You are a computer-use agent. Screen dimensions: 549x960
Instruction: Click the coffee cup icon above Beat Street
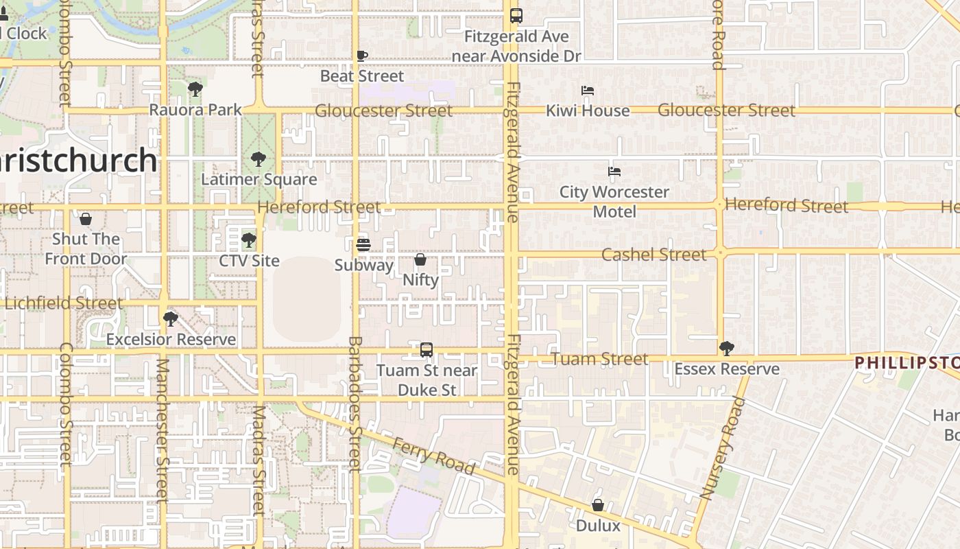coord(362,56)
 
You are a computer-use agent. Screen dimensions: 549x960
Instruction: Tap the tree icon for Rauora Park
coord(195,89)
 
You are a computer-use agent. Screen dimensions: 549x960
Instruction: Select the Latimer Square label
coord(259,180)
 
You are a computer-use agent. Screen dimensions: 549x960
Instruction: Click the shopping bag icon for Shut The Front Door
coord(86,219)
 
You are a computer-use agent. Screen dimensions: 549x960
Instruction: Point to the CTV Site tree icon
coord(249,240)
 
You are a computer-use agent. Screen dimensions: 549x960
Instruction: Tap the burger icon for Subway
coord(363,244)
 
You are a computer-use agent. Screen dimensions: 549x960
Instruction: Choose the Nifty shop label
coord(420,280)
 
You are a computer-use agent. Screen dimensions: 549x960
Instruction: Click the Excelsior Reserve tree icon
coord(170,319)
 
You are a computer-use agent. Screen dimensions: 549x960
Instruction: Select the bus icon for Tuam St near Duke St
coord(427,350)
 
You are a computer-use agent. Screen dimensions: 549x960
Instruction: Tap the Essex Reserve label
coord(727,369)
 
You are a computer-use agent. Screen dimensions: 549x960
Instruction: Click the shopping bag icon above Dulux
coord(598,505)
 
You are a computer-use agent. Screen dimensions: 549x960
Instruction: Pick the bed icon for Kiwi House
coord(588,90)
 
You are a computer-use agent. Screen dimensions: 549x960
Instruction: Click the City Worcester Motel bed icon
coord(614,171)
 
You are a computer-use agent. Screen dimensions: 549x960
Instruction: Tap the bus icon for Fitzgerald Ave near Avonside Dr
coord(516,15)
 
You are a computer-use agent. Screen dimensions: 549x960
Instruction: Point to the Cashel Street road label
coord(653,255)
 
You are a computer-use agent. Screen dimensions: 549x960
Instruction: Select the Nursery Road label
coord(721,449)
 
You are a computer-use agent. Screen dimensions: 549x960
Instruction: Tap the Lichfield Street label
coord(64,303)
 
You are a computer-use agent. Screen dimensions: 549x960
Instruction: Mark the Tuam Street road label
coord(599,359)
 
